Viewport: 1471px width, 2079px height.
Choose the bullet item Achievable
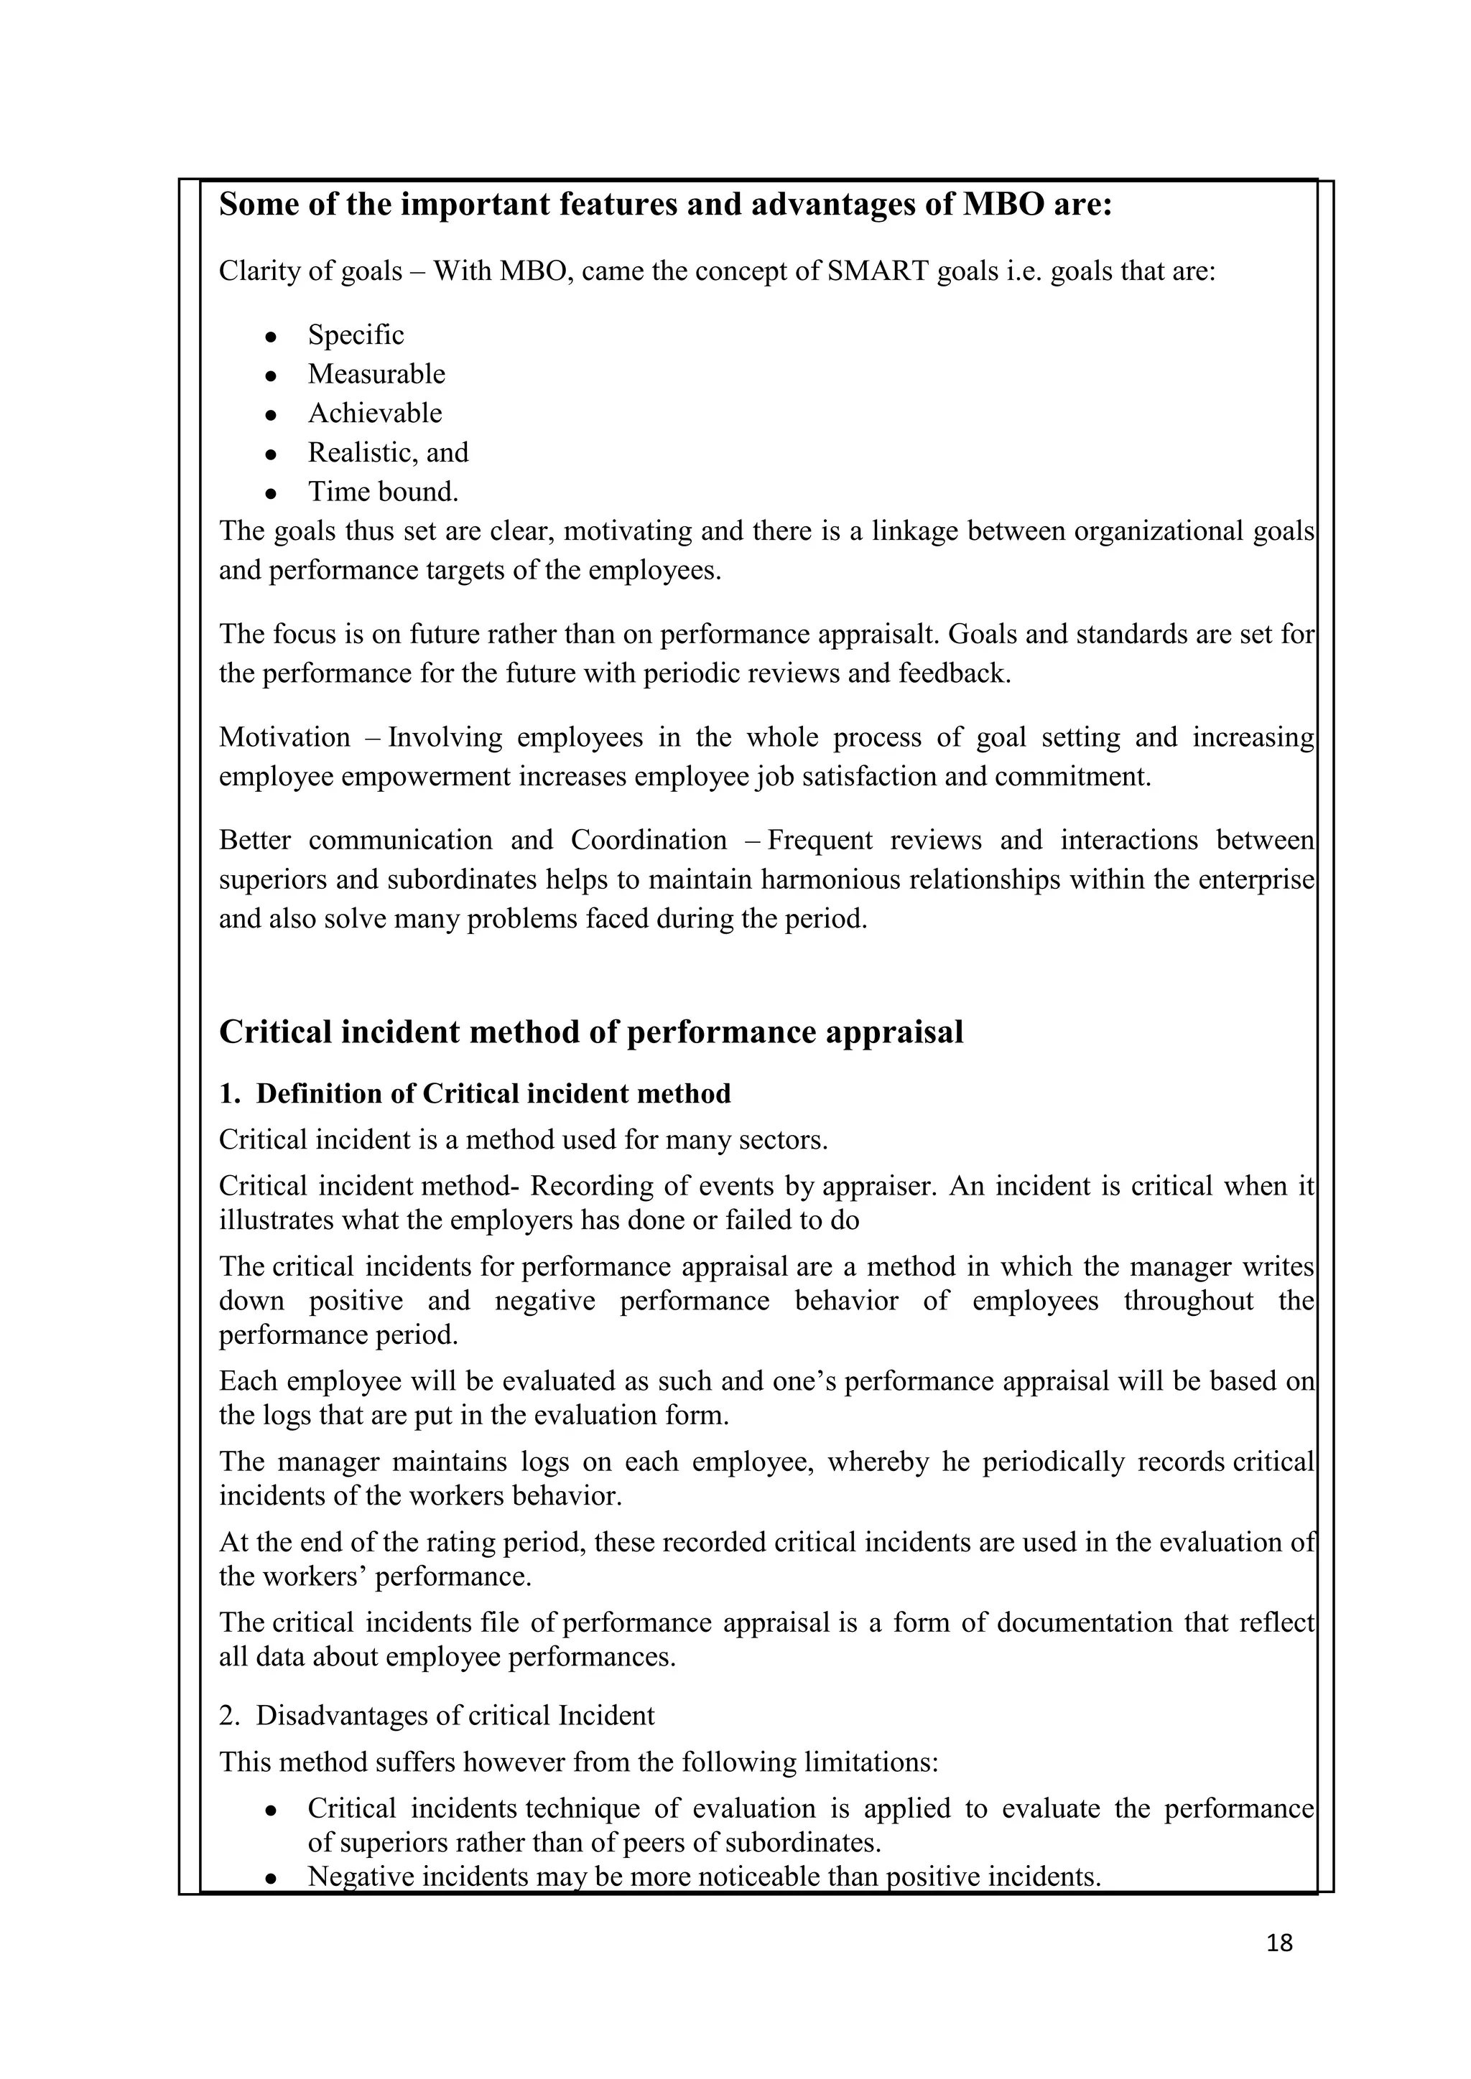pos(374,413)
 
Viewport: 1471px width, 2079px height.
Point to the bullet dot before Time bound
pos(270,493)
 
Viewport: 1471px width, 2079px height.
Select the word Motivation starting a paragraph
pos(284,737)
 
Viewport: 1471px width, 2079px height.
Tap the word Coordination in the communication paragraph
pos(648,841)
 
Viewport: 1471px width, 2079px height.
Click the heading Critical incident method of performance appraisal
pos(590,1032)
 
